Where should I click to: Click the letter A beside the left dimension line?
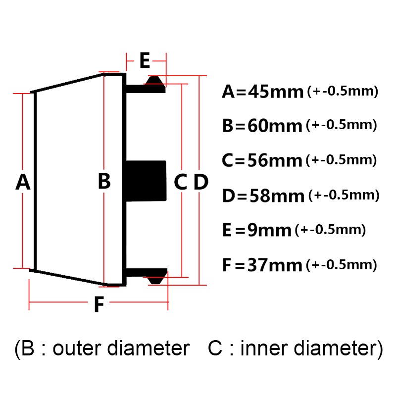pyautogui.click(x=23, y=182)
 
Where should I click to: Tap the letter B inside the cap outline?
pyautogui.click(x=104, y=181)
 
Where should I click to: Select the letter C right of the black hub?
pyautogui.click(x=181, y=182)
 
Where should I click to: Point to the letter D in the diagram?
pyautogui.click(x=201, y=182)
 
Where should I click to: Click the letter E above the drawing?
pyautogui.click(x=145, y=60)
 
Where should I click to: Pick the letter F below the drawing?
pyautogui.click(x=99, y=304)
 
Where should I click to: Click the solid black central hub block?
pyautogui.click(x=146, y=181)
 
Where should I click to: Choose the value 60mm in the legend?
pyautogui.click(x=275, y=126)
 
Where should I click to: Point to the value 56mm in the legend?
pyautogui.click(x=275, y=160)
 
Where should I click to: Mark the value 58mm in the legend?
pyautogui.click(x=277, y=196)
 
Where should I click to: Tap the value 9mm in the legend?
pyautogui.click(x=269, y=230)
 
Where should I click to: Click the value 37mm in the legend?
pyautogui.click(x=275, y=265)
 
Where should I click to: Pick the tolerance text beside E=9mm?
pyautogui.click(x=330, y=230)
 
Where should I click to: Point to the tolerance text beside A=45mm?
pyautogui.click(x=343, y=91)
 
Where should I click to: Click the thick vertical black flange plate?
pyautogui.click(x=124, y=180)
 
